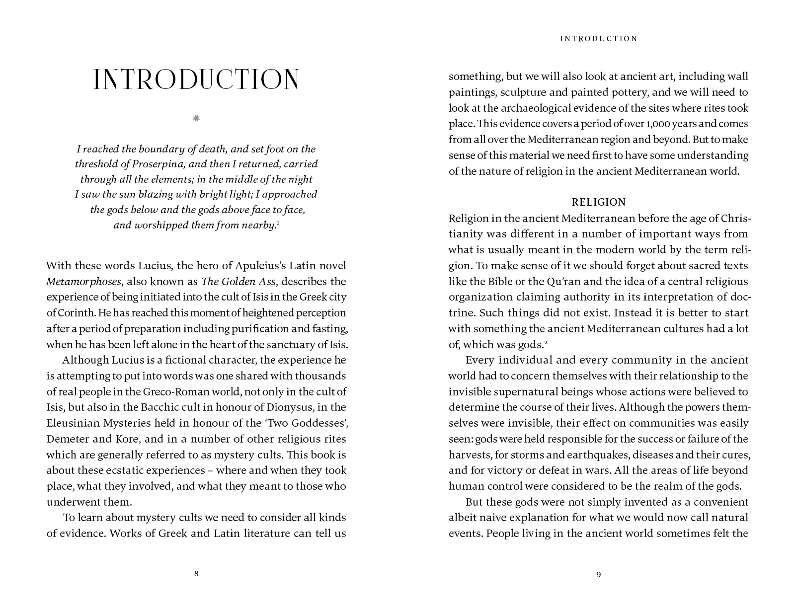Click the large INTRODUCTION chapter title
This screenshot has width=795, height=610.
(x=196, y=79)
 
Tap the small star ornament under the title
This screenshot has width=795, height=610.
(x=196, y=118)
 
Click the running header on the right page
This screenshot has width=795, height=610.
(x=599, y=39)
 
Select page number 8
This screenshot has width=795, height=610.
(x=196, y=574)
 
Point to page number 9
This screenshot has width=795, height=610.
(x=599, y=575)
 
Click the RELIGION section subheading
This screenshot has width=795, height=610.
(x=599, y=202)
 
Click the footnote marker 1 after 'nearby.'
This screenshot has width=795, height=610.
(x=278, y=223)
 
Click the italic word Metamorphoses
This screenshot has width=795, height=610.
(x=83, y=282)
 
